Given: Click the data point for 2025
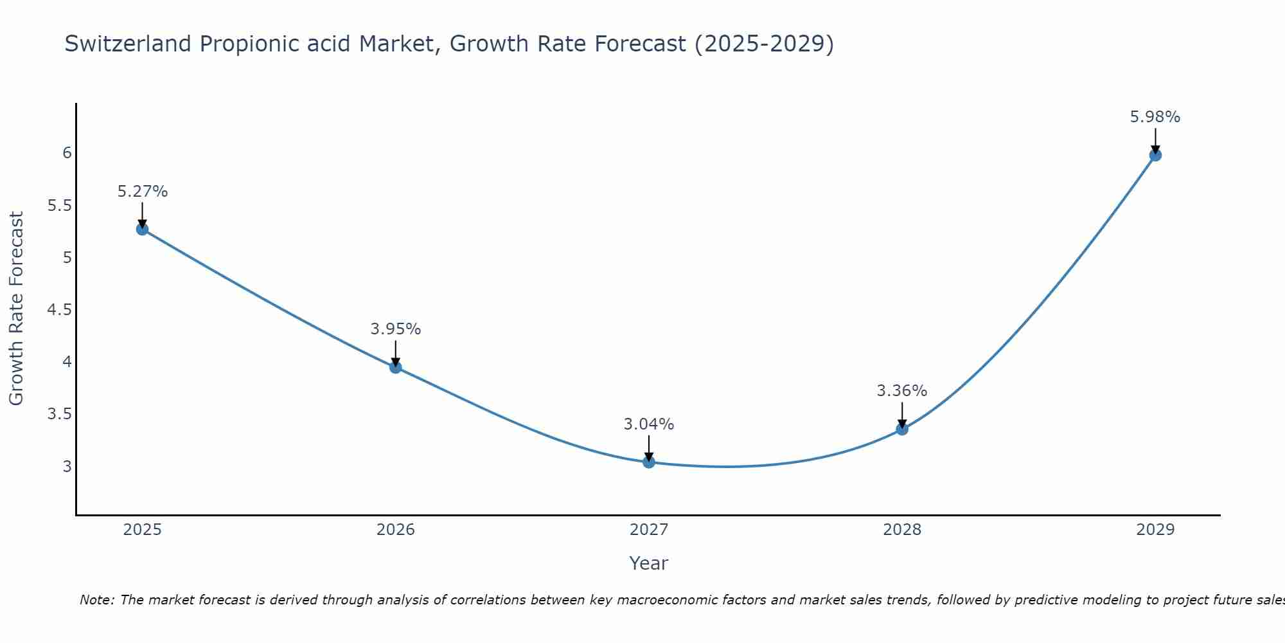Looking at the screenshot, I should point(143,229).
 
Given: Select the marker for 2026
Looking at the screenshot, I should point(396,367).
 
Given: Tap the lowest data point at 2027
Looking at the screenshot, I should point(649,462).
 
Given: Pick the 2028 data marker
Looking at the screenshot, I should point(902,429).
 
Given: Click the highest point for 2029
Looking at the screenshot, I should point(1155,155).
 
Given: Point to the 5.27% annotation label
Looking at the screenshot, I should point(143,192).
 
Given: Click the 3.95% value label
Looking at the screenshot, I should point(396,329).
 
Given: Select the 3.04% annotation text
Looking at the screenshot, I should point(649,424).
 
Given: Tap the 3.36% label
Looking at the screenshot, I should point(902,391).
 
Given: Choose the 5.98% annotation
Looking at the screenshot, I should point(1155,117).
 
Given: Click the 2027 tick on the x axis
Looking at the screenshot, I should point(649,530).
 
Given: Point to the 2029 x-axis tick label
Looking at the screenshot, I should point(1155,530).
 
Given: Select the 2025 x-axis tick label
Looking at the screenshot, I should point(143,530).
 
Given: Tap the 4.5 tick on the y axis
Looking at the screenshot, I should point(59,310).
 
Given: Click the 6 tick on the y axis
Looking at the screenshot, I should point(67,153).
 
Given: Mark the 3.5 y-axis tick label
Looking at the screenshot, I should point(59,414).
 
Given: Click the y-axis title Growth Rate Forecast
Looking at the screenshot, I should point(16,309).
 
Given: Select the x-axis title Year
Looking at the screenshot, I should point(649,563).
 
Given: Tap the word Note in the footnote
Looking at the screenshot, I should point(96,600).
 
